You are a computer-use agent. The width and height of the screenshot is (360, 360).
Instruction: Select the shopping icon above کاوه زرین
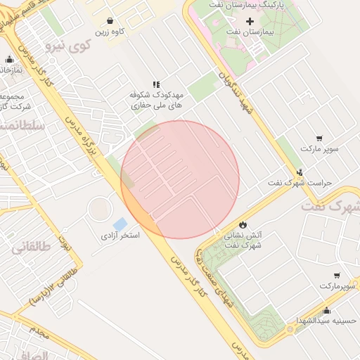pos(110,21)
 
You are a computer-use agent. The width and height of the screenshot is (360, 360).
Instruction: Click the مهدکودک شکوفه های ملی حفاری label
pos(156,98)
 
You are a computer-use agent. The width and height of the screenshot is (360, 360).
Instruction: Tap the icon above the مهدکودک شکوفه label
pos(156,82)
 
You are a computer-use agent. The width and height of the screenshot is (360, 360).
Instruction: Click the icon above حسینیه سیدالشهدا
pos(326,310)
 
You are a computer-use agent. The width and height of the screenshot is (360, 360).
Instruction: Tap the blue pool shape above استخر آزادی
pos(120,224)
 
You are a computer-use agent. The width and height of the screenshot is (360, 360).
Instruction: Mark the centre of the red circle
pos(180,179)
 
